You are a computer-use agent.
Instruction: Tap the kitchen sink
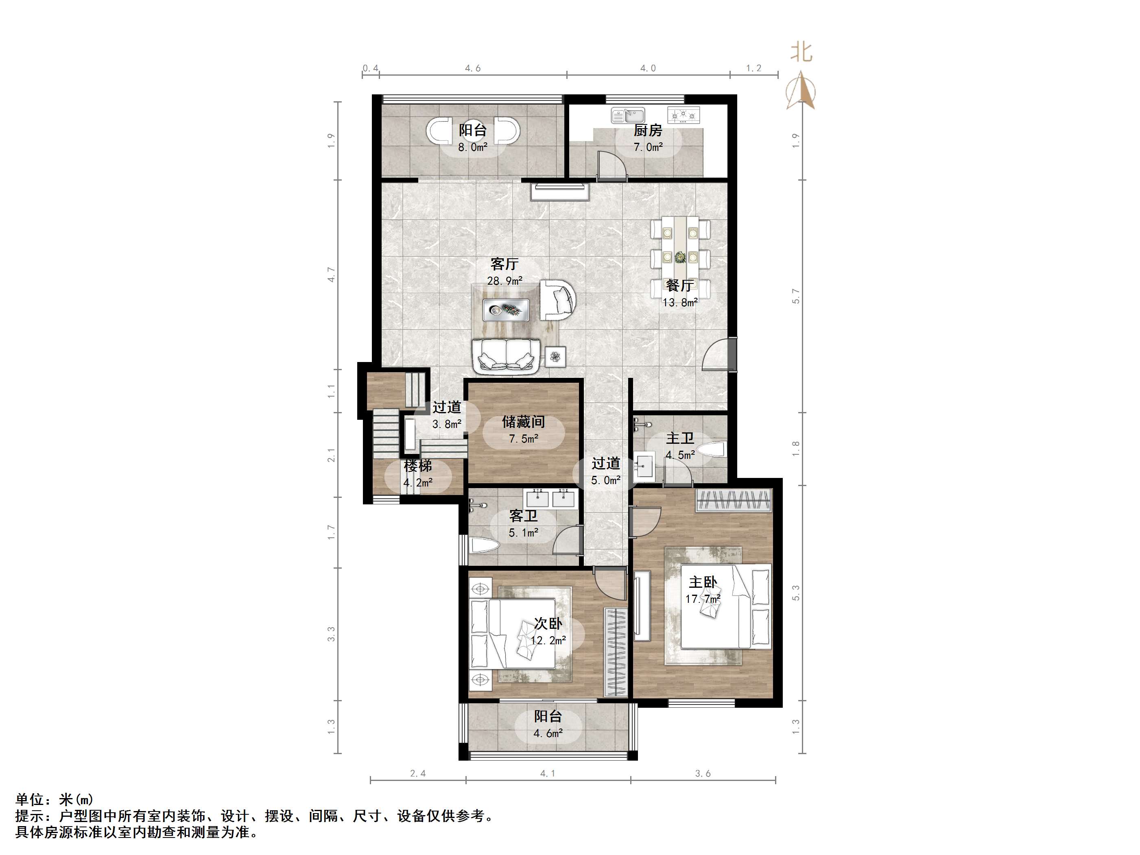click(628, 116)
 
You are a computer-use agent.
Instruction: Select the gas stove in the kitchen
click(684, 116)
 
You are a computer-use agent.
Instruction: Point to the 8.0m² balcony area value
click(473, 147)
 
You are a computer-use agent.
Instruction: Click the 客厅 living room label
click(504, 264)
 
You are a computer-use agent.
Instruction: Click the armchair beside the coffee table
click(558, 300)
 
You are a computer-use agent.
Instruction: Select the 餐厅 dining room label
click(680, 285)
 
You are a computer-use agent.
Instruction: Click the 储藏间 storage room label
click(524, 422)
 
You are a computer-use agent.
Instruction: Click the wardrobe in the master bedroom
click(734, 500)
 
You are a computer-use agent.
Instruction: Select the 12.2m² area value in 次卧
click(548, 641)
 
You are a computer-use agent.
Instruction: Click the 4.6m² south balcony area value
click(548, 733)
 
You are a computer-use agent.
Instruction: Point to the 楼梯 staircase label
click(418, 466)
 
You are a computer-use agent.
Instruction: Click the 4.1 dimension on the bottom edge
click(548, 773)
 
